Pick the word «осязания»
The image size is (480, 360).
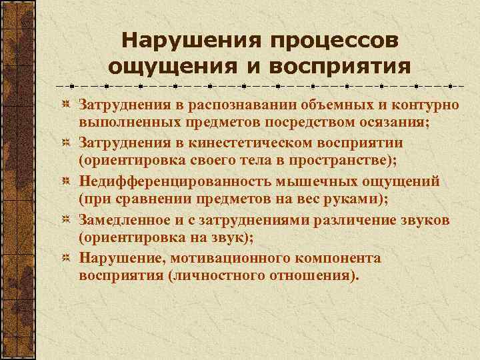[x=393, y=123]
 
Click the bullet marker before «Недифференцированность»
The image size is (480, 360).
[x=66, y=181]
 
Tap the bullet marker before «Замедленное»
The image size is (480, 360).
[x=66, y=219]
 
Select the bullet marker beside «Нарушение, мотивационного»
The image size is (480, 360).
[x=66, y=257]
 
